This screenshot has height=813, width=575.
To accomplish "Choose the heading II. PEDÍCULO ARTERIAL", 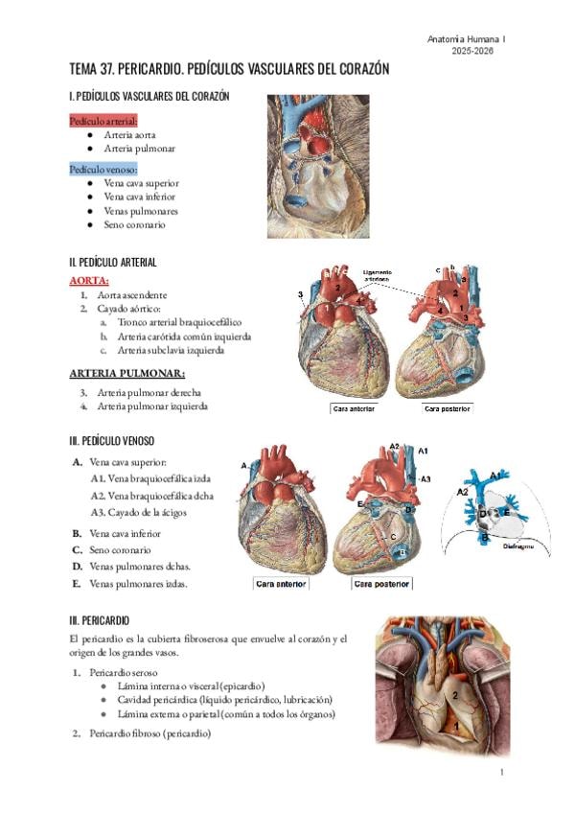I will pos(113,262).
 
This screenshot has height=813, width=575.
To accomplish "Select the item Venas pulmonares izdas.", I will pos(138,582).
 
